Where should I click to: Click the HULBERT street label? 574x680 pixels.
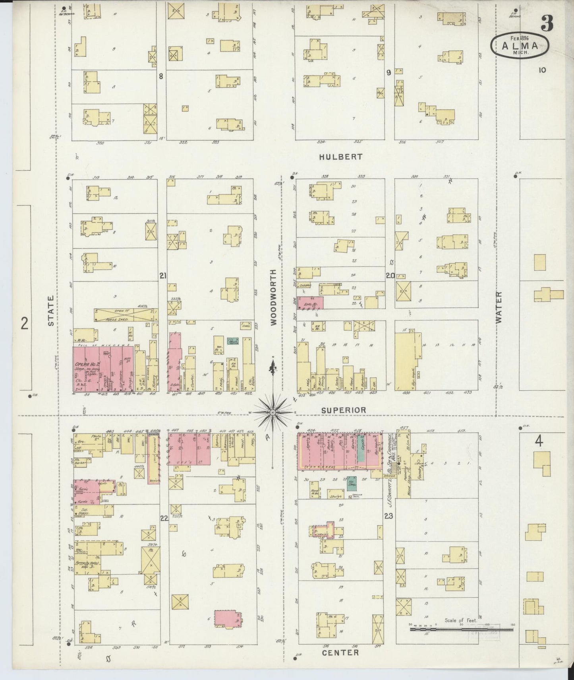(341, 157)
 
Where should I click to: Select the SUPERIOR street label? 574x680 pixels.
(344, 410)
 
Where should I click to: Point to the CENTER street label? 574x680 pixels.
(340, 653)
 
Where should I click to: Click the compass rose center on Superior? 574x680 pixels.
(273, 413)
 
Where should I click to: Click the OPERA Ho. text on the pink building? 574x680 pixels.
(83, 364)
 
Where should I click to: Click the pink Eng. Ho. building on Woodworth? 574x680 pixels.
(310, 303)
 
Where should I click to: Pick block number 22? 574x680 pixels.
(164, 518)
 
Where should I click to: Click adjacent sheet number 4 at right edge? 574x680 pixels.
(539, 441)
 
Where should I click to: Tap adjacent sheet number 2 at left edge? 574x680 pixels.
(25, 324)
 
